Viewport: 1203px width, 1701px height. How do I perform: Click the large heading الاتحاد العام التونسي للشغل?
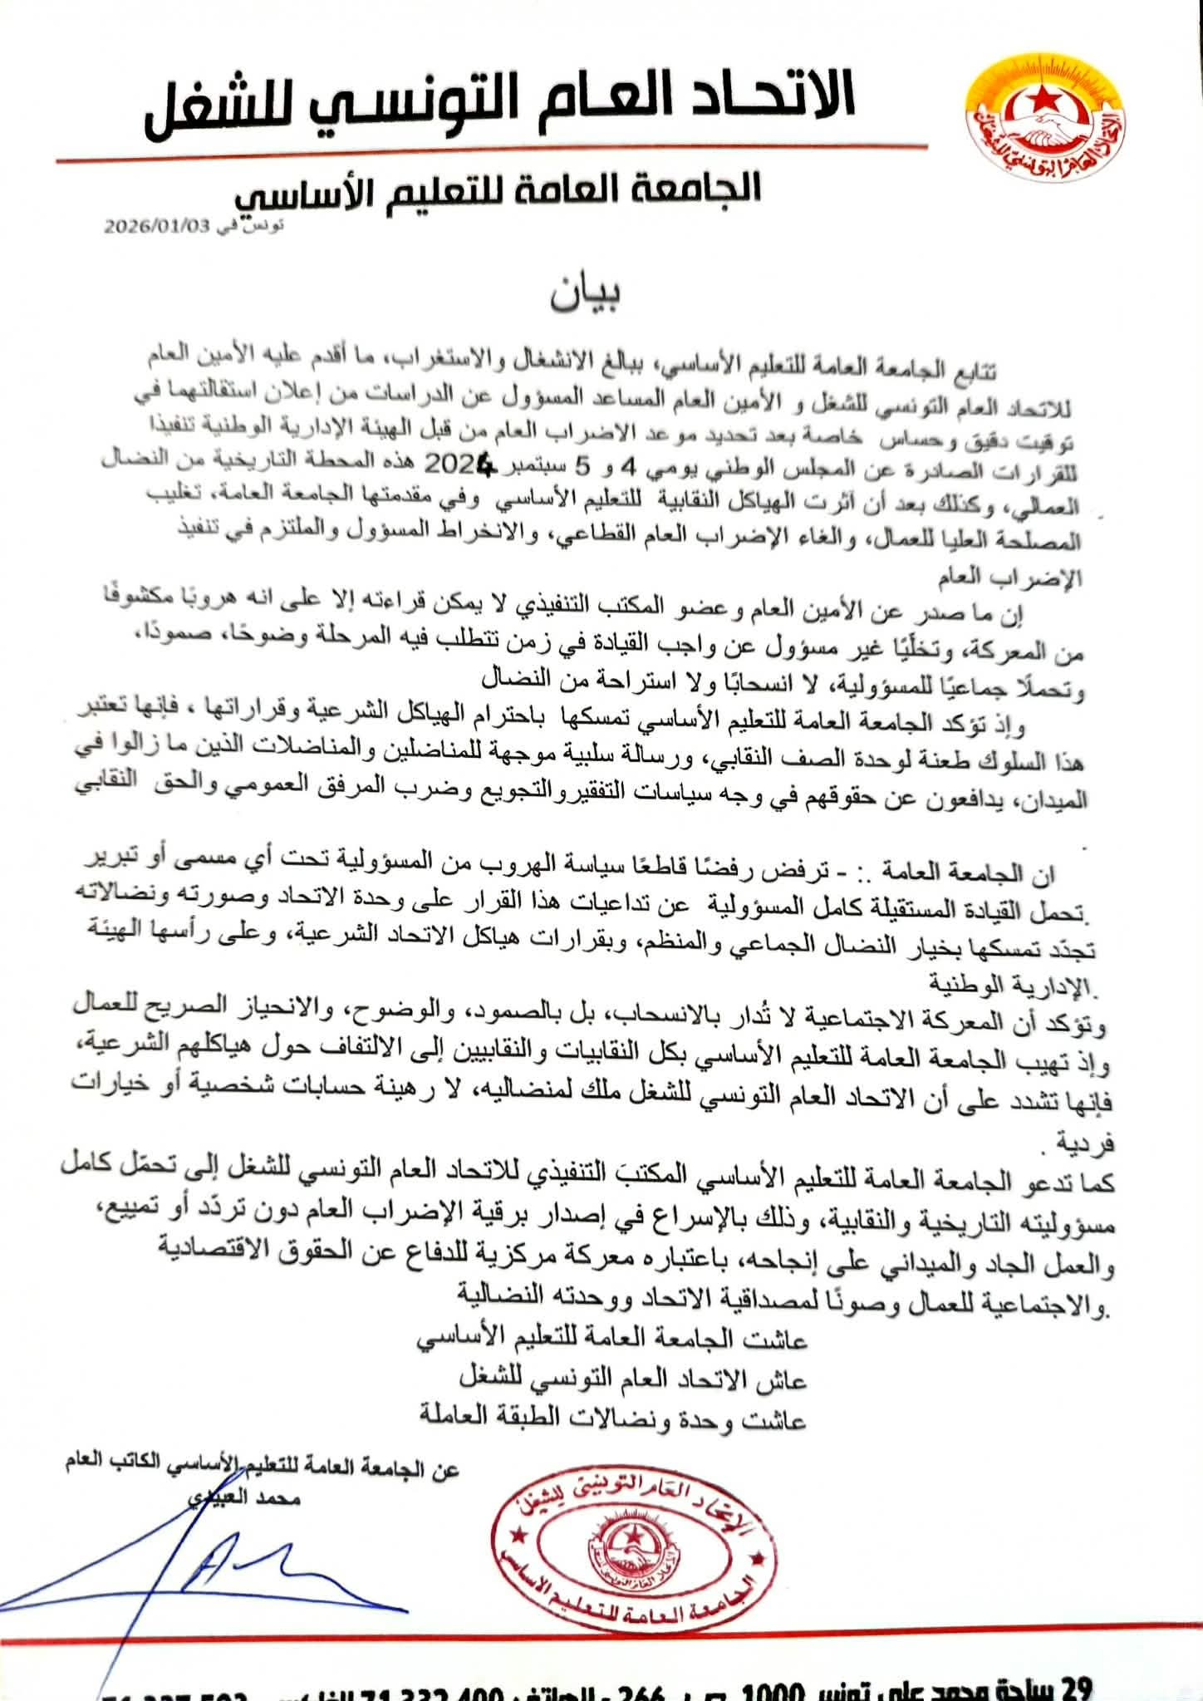click(500, 107)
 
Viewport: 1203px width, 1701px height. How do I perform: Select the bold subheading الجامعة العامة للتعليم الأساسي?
click(498, 189)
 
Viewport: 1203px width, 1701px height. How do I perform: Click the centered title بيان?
click(587, 295)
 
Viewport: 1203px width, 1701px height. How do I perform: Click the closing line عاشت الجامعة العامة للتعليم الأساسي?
click(611, 1340)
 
